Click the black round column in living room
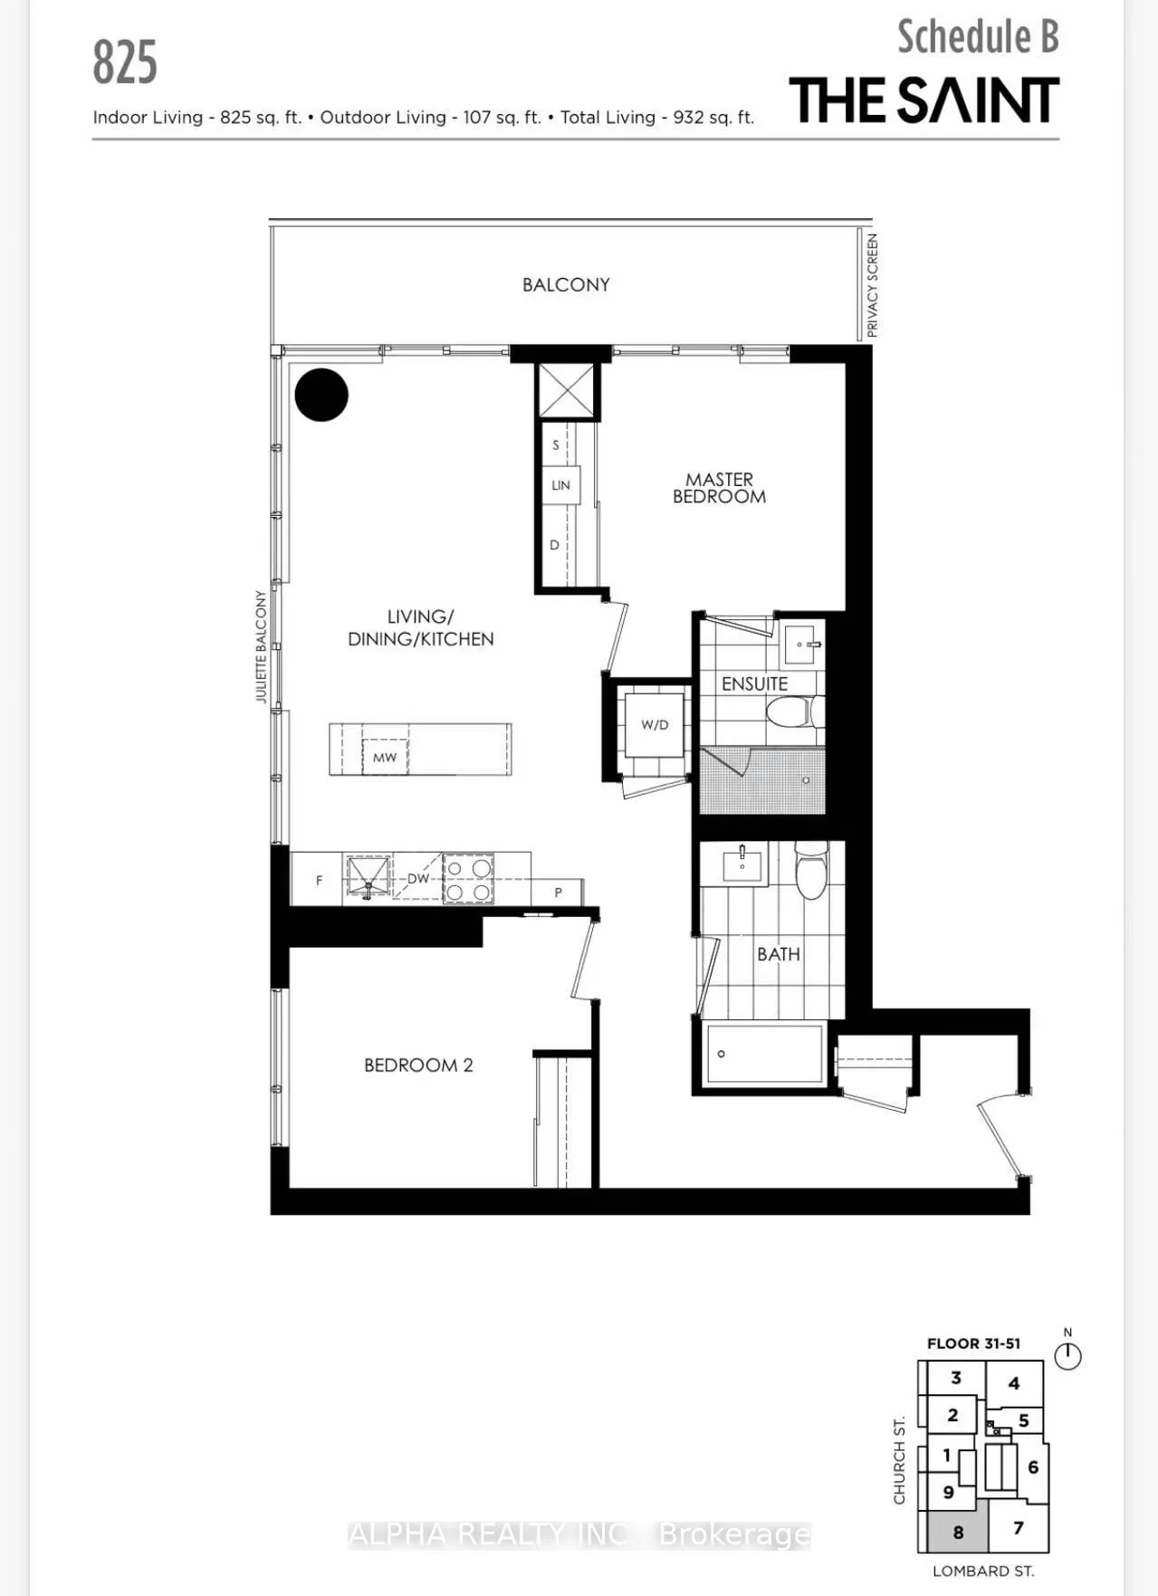click(321, 395)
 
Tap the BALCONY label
click(566, 284)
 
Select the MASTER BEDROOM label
click(719, 488)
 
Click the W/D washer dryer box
click(655, 725)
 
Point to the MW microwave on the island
click(385, 757)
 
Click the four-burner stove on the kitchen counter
click(468, 879)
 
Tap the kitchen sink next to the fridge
click(368, 877)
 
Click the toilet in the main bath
click(811, 871)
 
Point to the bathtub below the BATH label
click(764, 1054)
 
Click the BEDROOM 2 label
click(418, 1066)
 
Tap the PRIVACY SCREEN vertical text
click(872, 285)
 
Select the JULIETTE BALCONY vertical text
click(261, 646)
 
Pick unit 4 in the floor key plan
click(1014, 1383)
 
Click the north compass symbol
click(1068, 1354)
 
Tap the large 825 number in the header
click(125, 62)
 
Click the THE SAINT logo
click(924, 100)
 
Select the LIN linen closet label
click(560, 485)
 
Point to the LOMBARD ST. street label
click(983, 1572)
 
